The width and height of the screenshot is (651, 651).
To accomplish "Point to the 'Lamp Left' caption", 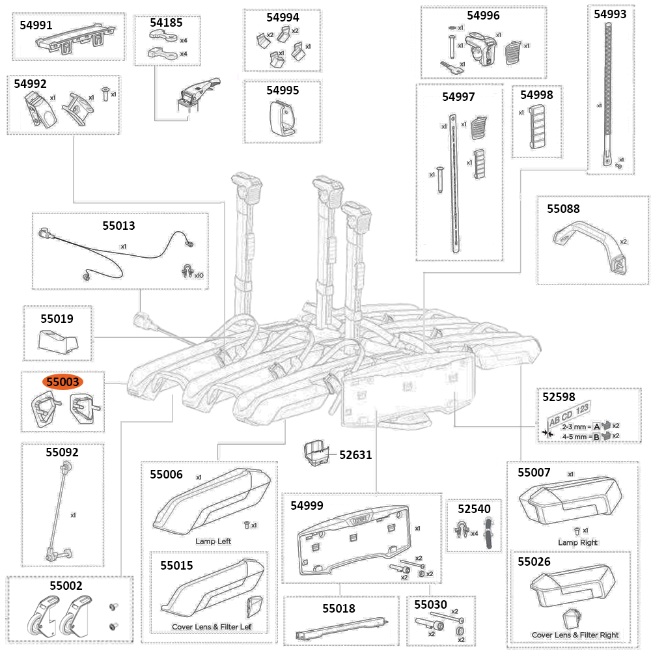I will tap(213, 541).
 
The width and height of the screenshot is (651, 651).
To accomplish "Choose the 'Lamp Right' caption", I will tap(577, 542).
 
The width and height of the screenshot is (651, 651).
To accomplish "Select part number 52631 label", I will tap(355, 455).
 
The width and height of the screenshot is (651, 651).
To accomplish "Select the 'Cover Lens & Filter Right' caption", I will tap(575, 635).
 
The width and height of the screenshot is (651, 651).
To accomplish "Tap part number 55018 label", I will tap(339, 609).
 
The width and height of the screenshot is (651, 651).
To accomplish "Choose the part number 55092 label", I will tap(62, 451).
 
